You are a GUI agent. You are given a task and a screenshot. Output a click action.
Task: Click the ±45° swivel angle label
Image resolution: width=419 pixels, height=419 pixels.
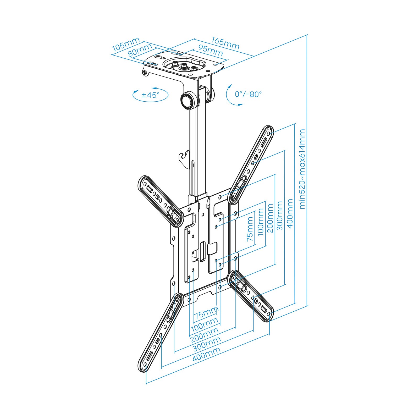pyautogui.click(x=150, y=95)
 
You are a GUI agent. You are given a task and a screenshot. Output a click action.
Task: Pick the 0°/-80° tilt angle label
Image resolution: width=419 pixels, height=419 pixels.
pyautogui.click(x=248, y=94)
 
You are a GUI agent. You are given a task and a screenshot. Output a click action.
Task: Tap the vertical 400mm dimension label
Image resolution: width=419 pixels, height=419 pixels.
pyautogui.click(x=290, y=213)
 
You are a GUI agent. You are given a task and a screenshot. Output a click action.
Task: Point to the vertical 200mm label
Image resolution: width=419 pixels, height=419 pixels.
pyautogui.click(x=270, y=218)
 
